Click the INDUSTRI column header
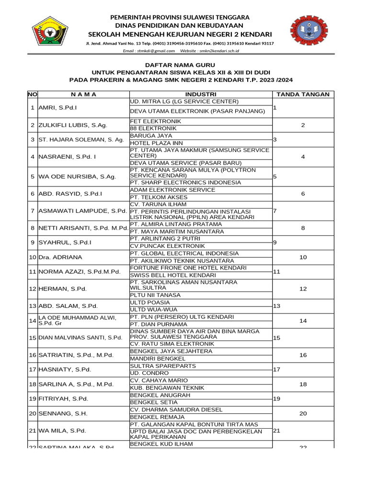(x=200, y=94)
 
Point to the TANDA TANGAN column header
(x=303, y=94)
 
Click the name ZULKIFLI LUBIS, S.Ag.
(x=72, y=125)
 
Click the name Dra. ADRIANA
(x=60, y=257)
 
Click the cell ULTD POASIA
(x=150, y=303)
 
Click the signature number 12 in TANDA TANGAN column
(x=303, y=289)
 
